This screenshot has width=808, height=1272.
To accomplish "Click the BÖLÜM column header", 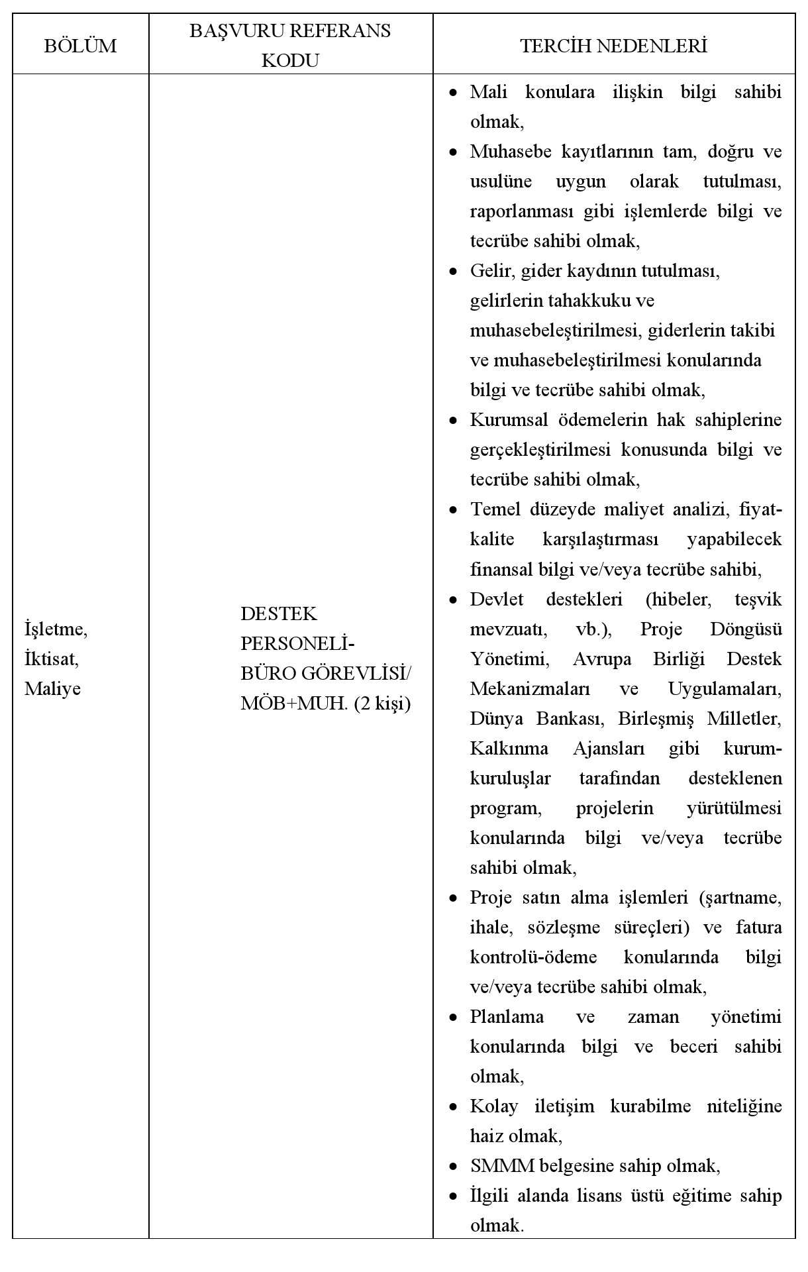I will [x=80, y=46].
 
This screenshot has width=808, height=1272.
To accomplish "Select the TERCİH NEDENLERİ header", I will [x=614, y=46].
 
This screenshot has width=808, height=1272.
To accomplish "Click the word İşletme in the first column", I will [x=56, y=629].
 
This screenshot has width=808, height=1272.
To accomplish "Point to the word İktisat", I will [x=52, y=659].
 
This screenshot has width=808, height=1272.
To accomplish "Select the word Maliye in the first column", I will [x=52, y=688].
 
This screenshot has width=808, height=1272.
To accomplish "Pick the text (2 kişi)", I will [x=382, y=703].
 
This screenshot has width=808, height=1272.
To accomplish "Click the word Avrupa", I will [x=601, y=659].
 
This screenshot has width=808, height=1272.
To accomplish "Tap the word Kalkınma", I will [x=509, y=749].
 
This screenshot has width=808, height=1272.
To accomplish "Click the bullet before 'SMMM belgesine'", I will [x=453, y=1167].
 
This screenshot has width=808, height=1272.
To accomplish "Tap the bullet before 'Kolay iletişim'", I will [x=453, y=1107].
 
